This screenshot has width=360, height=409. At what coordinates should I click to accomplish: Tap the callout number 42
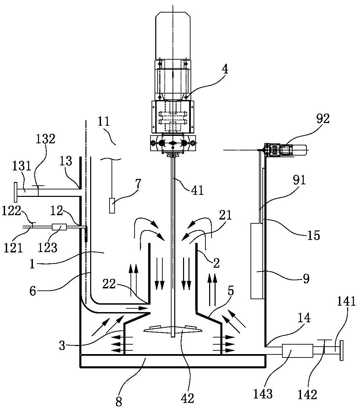tap(188, 398)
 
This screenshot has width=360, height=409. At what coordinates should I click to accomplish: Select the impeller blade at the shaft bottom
tap(173, 329)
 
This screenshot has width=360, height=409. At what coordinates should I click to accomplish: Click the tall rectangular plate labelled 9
tap(257, 261)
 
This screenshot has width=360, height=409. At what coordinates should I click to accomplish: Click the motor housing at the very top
tap(173, 36)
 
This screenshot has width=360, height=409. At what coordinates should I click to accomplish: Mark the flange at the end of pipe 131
tap(16, 191)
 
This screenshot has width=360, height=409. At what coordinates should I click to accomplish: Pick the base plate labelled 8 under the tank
tap(173, 361)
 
